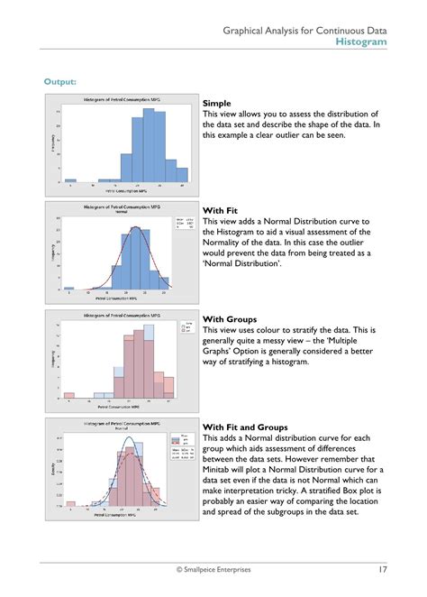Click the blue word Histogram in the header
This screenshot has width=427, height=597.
pyautogui.click(x=361, y=41)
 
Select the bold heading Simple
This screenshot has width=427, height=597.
pyautogui.click(x=217, y=104)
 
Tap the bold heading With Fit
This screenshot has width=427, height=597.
pyautogui.click(x=222, y=210)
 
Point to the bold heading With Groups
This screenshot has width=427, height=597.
pyautogui.click(x=230, y=319)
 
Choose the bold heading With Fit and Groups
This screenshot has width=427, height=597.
pyautogui.click(x=249, y=427)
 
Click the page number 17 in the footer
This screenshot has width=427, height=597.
pyautogui.click(x=382, y=569)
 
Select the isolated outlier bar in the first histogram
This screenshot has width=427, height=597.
pyautogui.click(x=70, y=180)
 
